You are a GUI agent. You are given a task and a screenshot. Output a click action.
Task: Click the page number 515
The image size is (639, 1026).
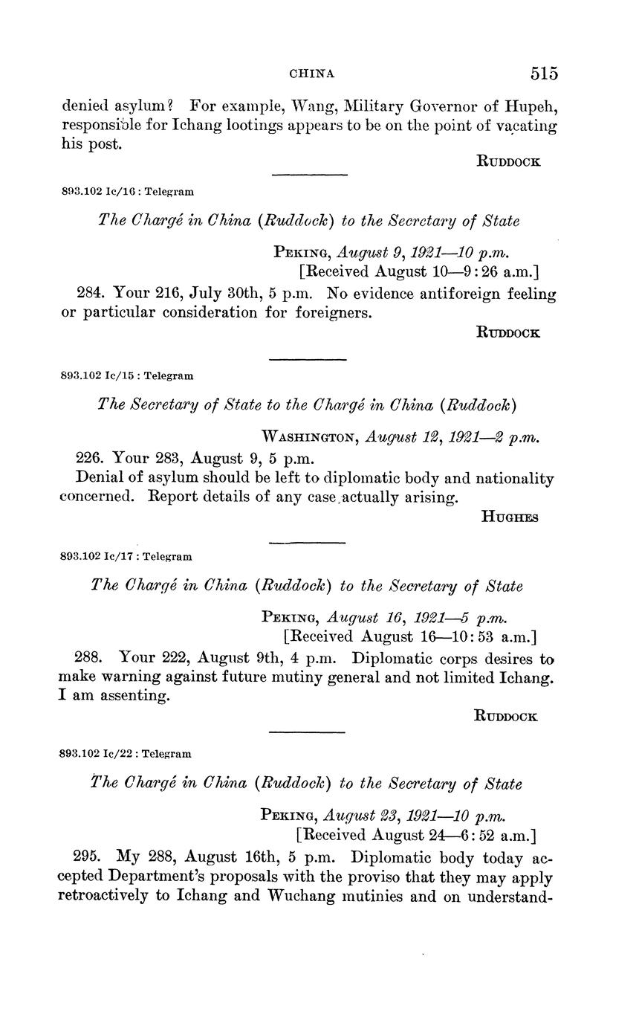(x=544, y=73)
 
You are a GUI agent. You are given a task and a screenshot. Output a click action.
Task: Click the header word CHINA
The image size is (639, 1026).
(x=312, y=74)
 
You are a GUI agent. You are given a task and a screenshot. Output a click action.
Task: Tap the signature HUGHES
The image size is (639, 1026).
(x=510, y=517)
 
